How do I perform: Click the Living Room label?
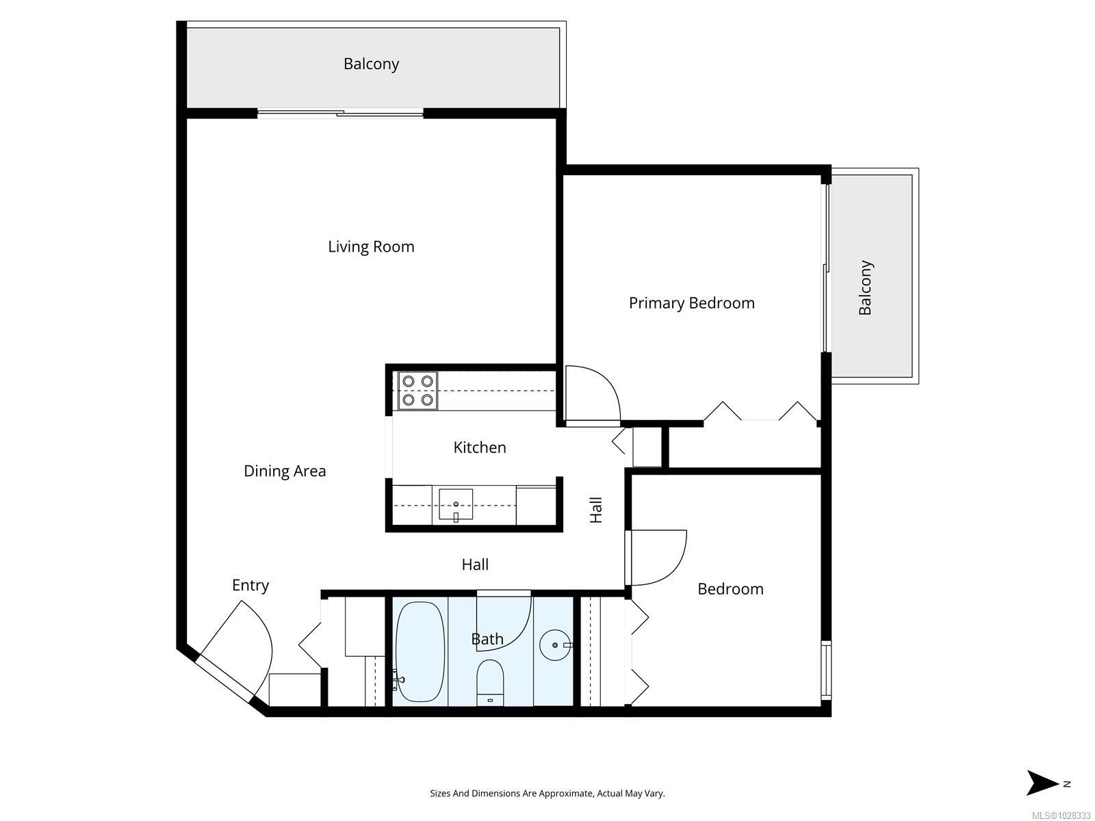click(371, 247)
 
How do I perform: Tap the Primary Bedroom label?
click(691, 303)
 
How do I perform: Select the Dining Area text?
click(285, 471)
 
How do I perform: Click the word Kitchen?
click(480, 447)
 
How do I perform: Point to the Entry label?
click(250, 586)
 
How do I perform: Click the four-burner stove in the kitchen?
click(417, 391)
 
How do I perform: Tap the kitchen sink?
click(456, 505)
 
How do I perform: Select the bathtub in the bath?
click(420, 651)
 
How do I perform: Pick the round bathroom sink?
click(555, 645)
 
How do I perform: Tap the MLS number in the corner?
click(1061, 816)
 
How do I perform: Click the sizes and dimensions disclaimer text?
click(547, 794)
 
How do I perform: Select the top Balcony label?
click(371, 64)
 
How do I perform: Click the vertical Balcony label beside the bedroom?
click(866, 287)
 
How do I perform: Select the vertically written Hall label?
click(596, 510)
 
